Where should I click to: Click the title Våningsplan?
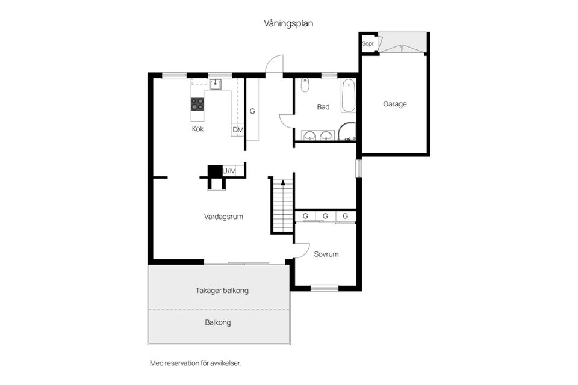click(288, 23)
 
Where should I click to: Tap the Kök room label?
click(198, 129)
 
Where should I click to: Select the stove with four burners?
click(197, 105)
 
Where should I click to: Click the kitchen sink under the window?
click(216, 85)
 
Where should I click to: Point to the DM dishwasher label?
click(237, 130)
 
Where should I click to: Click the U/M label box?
click(229, 171)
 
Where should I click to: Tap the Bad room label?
click(323, 107)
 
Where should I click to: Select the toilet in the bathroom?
click(305, 85)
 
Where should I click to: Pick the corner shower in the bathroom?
click(347, 132)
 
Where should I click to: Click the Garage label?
click(395, 104)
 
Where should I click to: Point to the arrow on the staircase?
click(282, 182)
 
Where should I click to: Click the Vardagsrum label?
click(223, 217)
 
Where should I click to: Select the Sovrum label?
click(326, 254)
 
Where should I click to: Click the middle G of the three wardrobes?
click(325, 216)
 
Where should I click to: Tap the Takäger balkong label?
click(222, 290)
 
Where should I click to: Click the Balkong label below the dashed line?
click(218, 322)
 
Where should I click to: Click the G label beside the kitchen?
click(252, 111)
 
